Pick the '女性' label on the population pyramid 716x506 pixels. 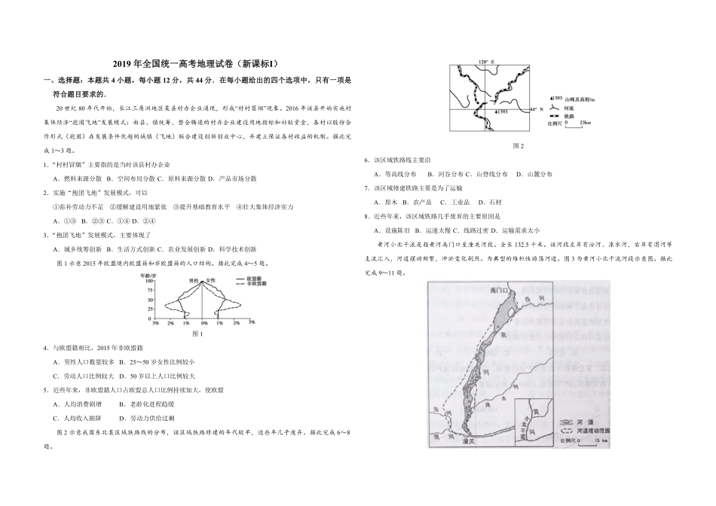pyautogui.click(x=211, y=280)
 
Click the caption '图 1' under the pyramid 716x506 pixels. pyautogui.click(x=199, y=334)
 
